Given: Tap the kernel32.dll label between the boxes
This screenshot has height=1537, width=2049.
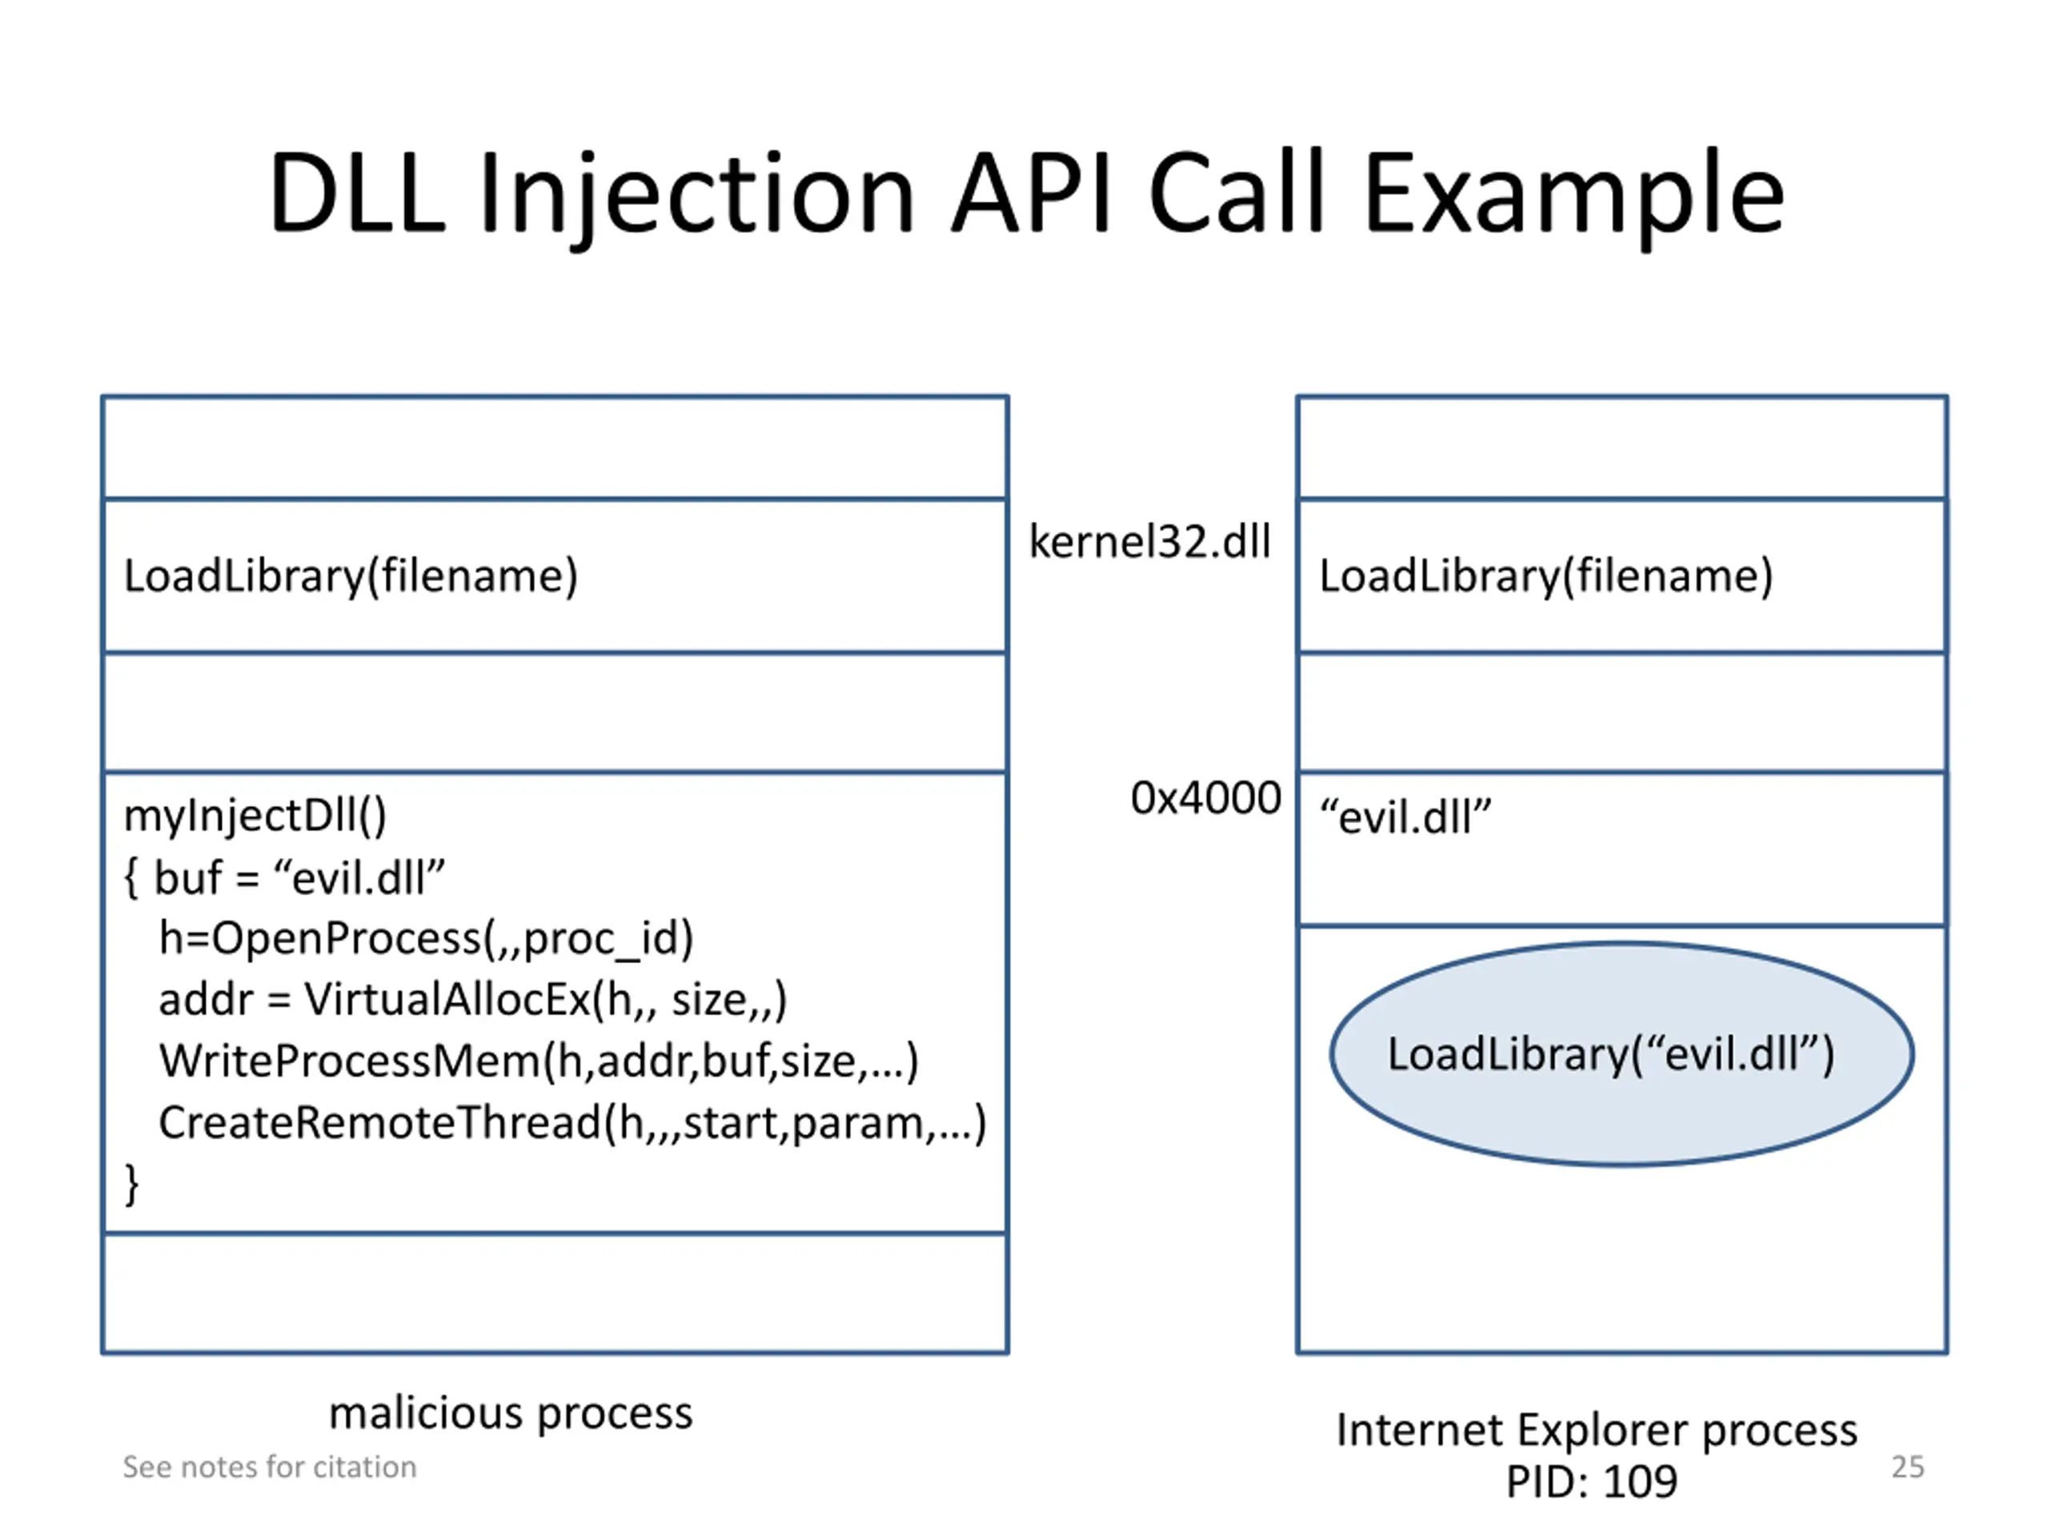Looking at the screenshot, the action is pyautogui.click(x=1149, y=541).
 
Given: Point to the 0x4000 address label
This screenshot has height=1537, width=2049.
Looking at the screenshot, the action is pyautogui.click(x=1206, y=797).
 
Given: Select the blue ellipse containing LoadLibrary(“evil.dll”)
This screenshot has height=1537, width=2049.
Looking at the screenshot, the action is pyautogui.click(x=1621, y=1054).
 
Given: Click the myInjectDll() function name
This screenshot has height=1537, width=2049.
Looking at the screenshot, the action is pyautogui.click(x=255, y=817).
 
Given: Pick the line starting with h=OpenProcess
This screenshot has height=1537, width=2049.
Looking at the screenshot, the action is pyautogui.click(x=426, y=937).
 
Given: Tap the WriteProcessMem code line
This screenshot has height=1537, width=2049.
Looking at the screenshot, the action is pyautogui.click(x=538, y=1061).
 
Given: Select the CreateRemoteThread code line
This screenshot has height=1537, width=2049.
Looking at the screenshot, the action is pyautogui.click(x=572, y=1123).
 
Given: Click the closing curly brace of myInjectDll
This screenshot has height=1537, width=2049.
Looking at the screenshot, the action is pyautogui.click(x=131, y=1184).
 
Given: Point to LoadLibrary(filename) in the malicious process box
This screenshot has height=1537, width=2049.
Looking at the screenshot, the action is pyautogui.click(x=351, y=576).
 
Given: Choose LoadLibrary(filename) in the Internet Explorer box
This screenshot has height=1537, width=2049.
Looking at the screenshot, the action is pyautogui.click(x=1546, y=576).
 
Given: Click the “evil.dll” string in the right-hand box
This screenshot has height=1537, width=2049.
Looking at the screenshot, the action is pyautogui.click(x=1405, y=817).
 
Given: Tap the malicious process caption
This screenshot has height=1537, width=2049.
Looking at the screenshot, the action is pyautogui.click(x=511, y=1413).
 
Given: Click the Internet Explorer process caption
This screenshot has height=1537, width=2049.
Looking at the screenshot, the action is pyautogui.click(x=1596, y=1430).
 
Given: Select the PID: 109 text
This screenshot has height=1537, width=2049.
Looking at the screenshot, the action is pyautogui.click(x=1591, y=1480).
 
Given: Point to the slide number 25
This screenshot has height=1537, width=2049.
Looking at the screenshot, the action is pyautogui.click(x=1907, y=1467).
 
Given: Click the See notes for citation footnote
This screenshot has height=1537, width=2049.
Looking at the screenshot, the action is pyautogui.click(x=270, y=1467).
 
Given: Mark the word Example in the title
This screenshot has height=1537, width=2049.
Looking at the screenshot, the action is pyautogui.click(x=1573, y=195).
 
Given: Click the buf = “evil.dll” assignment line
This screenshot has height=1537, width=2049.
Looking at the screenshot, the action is pyautogui.click(x=299, y=877).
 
